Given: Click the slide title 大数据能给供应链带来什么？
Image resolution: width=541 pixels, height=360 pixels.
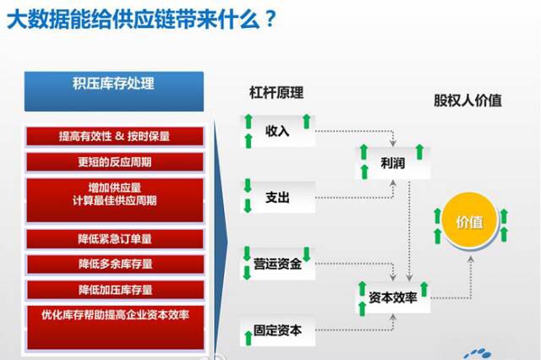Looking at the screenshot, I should pos(140,20).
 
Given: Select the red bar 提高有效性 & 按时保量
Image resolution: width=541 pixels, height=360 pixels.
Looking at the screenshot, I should pos(114,136).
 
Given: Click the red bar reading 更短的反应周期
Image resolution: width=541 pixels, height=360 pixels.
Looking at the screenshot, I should pos(114,161).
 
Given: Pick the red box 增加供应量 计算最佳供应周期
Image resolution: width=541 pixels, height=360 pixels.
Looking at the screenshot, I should pos(114,194).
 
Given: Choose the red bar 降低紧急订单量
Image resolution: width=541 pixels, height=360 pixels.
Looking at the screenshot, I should pos(114,239).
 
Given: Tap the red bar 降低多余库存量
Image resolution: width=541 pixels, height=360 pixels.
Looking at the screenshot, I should pos(114,265).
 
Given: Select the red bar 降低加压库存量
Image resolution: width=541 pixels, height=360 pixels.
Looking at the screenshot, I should pos(114,290).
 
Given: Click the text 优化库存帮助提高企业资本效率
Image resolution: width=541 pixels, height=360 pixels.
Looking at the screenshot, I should pos(114,315).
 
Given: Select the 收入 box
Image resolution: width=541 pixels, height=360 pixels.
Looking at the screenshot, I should pos(276,132).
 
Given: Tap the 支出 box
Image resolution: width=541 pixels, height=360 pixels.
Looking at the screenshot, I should pos(277,197).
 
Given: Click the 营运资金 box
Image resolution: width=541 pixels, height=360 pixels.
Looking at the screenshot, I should pos(277,264).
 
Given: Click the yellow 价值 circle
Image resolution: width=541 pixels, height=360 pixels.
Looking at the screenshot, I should pos(469,223).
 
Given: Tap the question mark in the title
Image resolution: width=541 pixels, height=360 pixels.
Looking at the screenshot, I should pos(268,20).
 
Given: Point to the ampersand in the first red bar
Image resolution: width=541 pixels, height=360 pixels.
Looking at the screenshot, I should pos(119,136).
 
